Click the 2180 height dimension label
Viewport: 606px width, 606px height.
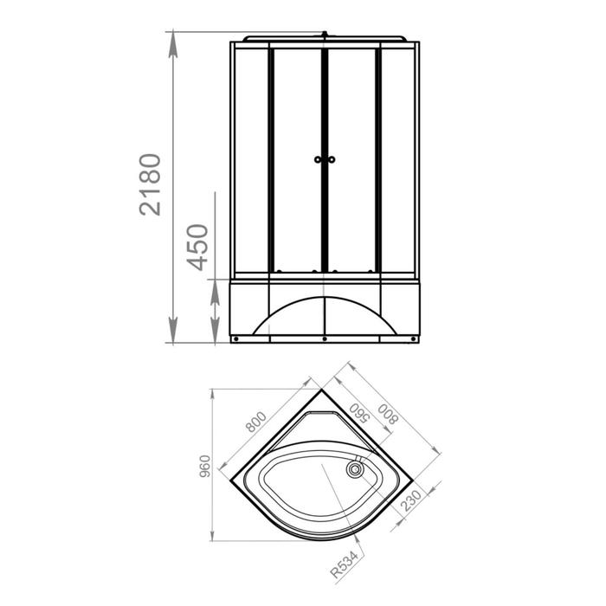coord(150,184)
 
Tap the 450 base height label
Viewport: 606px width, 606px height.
coord(197,248)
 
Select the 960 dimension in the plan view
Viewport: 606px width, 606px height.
coord(205,466)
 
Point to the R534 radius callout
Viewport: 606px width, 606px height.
coord(345,564)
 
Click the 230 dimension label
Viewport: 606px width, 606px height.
coord(411,500)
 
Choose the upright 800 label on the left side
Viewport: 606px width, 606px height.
coord(256,422)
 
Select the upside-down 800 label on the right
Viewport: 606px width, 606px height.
coord(388,414)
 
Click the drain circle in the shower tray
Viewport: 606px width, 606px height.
coord(355,470)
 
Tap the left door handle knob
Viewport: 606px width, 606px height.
coord(318,159)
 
